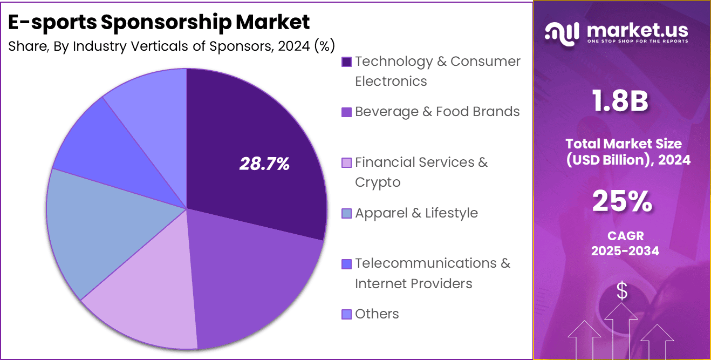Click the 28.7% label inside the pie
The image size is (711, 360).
click(x=264, y=164)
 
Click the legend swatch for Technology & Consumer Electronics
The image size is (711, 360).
click(x=347, y=62)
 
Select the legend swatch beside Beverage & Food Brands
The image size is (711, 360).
click(x=347, y=112)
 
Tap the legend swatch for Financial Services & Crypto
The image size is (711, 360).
click(x=347, y=162)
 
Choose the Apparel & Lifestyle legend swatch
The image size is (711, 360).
click(x=347, y=213)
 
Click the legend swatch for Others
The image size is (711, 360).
click(x=347, y=314)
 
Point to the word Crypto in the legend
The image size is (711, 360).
click(x=378, y=182)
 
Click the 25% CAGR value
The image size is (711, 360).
click(x=623, y=202)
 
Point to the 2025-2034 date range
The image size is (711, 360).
click(x=625, y=250)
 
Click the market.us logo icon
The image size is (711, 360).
click(x=562, y=33)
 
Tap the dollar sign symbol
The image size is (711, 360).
click(x=622, y=291)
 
